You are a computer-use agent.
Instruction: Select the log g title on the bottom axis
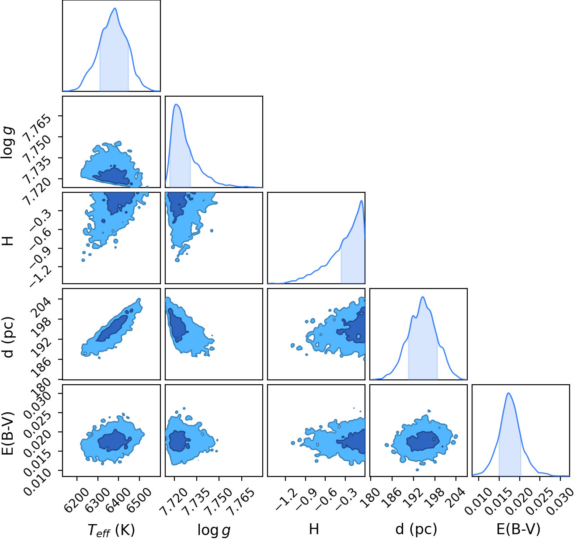[214, 530]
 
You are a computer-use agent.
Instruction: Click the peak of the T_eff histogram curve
[115, 8]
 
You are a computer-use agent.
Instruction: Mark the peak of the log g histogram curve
[176, 104]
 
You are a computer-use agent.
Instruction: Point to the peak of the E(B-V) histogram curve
[508, 393]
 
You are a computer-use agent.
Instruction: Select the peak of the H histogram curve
[361, 201]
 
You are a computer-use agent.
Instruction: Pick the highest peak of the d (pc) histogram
[423, 297]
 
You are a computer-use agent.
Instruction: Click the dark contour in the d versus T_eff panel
[112, 328]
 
